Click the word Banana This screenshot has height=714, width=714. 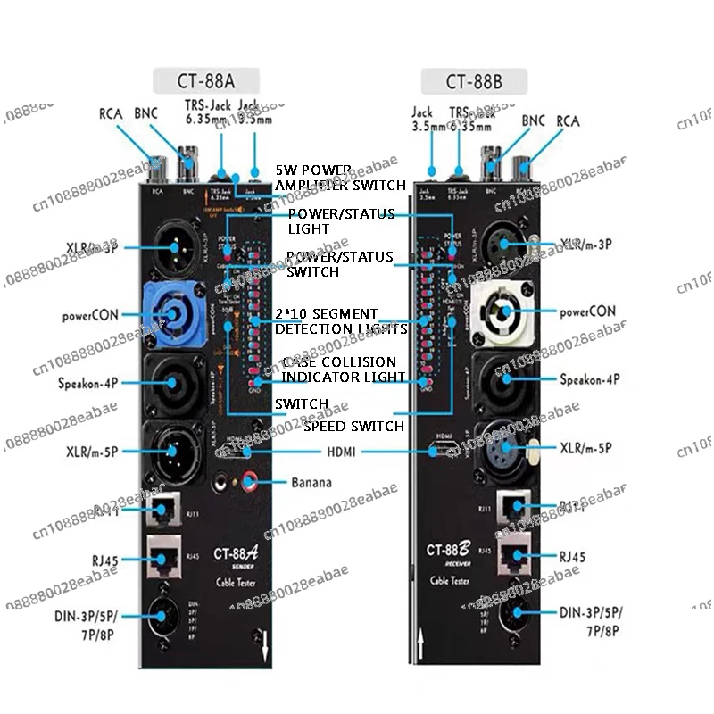click(311, 483)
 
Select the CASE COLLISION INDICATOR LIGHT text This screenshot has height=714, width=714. click(339, 369)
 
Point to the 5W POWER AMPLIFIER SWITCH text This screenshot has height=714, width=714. click(338, 177)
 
